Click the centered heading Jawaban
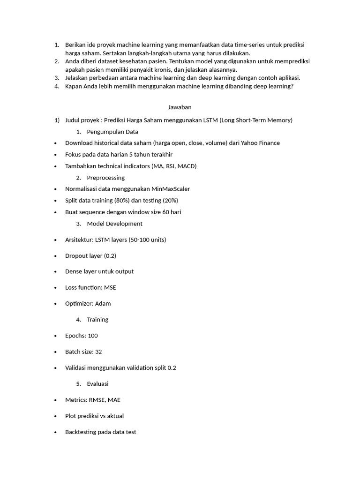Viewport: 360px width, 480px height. click(180, 107)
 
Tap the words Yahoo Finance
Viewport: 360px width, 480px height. click(259, 143)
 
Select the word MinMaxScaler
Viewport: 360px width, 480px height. click(171, 189)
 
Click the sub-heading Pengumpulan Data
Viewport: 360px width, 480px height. click(112, 132)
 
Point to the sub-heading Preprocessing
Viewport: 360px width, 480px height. click(105, 178)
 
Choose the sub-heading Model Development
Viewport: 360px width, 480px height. click(114, 224)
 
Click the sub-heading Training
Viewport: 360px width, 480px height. click(97, 320)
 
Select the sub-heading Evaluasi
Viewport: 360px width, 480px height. click(97, 384)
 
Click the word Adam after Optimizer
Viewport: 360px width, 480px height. click(103, 304)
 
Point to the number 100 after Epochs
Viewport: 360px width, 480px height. click(92, 336)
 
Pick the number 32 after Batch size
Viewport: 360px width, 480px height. click(98, 352)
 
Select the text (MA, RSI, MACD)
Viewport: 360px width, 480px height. click(174, 166)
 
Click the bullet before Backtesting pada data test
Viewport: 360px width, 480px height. click(56, 432)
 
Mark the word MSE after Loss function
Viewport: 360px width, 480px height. click(110, 288)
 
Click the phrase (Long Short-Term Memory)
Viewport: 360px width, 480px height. click(256, 120)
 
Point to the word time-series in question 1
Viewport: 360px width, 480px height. click(251, 45)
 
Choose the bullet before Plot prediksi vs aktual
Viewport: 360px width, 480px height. click(56, 416)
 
